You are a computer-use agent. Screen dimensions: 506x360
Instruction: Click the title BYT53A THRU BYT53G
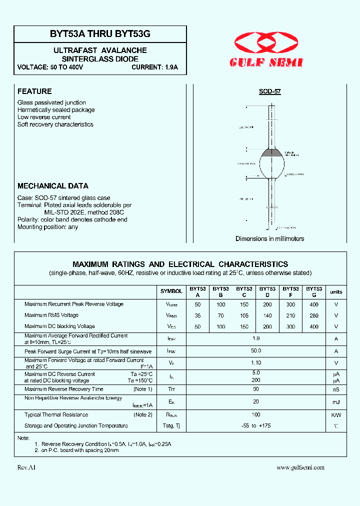100,33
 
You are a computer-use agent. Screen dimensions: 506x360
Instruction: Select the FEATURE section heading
34,91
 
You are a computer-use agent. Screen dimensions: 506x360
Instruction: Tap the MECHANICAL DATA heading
53,185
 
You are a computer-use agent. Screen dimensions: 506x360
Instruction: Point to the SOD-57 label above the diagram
269,92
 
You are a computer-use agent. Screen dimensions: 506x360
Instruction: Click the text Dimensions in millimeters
269,238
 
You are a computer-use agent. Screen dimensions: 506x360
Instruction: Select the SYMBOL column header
171,291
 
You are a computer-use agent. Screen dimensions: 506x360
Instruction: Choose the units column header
336,292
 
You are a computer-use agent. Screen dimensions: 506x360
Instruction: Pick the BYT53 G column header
314,291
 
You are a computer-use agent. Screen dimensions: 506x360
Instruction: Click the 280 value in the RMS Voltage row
314,315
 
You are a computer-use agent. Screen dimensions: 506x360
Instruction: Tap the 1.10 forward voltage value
256,363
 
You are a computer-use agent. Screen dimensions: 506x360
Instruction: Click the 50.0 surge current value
256,351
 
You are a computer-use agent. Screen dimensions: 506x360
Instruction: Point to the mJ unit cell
336,402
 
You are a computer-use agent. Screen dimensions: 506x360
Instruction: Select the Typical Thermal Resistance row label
56,414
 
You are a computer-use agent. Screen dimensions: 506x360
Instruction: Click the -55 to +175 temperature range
256,425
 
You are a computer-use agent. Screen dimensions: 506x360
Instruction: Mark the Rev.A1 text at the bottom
26,467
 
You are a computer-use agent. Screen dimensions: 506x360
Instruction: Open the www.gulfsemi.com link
300,467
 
